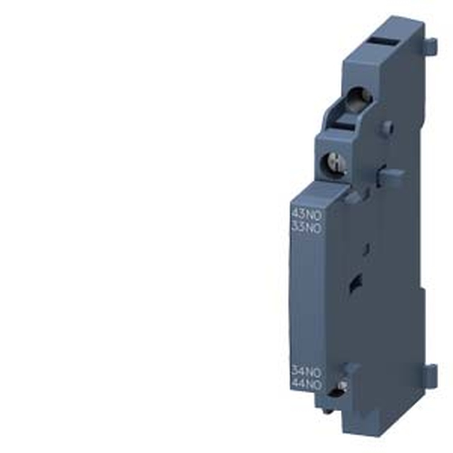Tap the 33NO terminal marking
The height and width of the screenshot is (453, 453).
[x=307, y=228]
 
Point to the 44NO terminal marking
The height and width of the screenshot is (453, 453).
[x=307, y=385]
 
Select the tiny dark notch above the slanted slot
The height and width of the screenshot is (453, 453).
[x=367, y=248]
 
